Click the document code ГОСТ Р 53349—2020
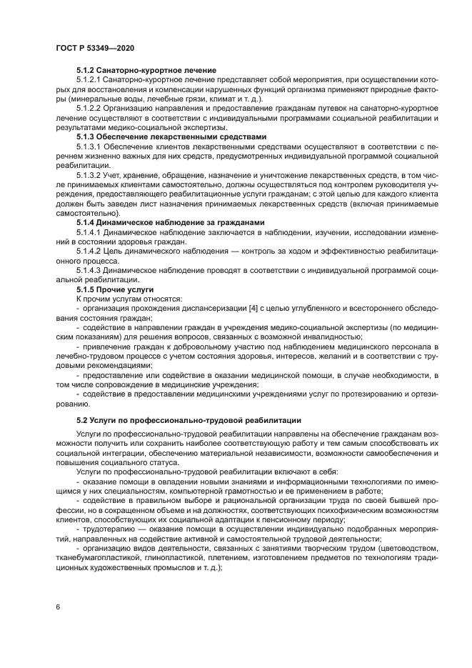pyautogui.click(x=94, y=47)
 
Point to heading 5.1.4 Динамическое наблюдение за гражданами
pyautogui.click(x=171, y=221)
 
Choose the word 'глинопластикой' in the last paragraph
pyautogui.click(x=165, y=557)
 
